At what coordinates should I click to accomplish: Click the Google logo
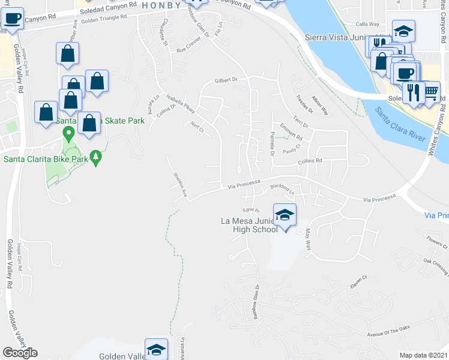(x=20, y=353)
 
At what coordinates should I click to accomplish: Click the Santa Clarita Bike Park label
(x=43, y=159)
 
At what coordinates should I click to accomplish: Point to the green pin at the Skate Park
(x=68, y=132)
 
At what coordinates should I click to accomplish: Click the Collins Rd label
(x=310, y=161)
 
